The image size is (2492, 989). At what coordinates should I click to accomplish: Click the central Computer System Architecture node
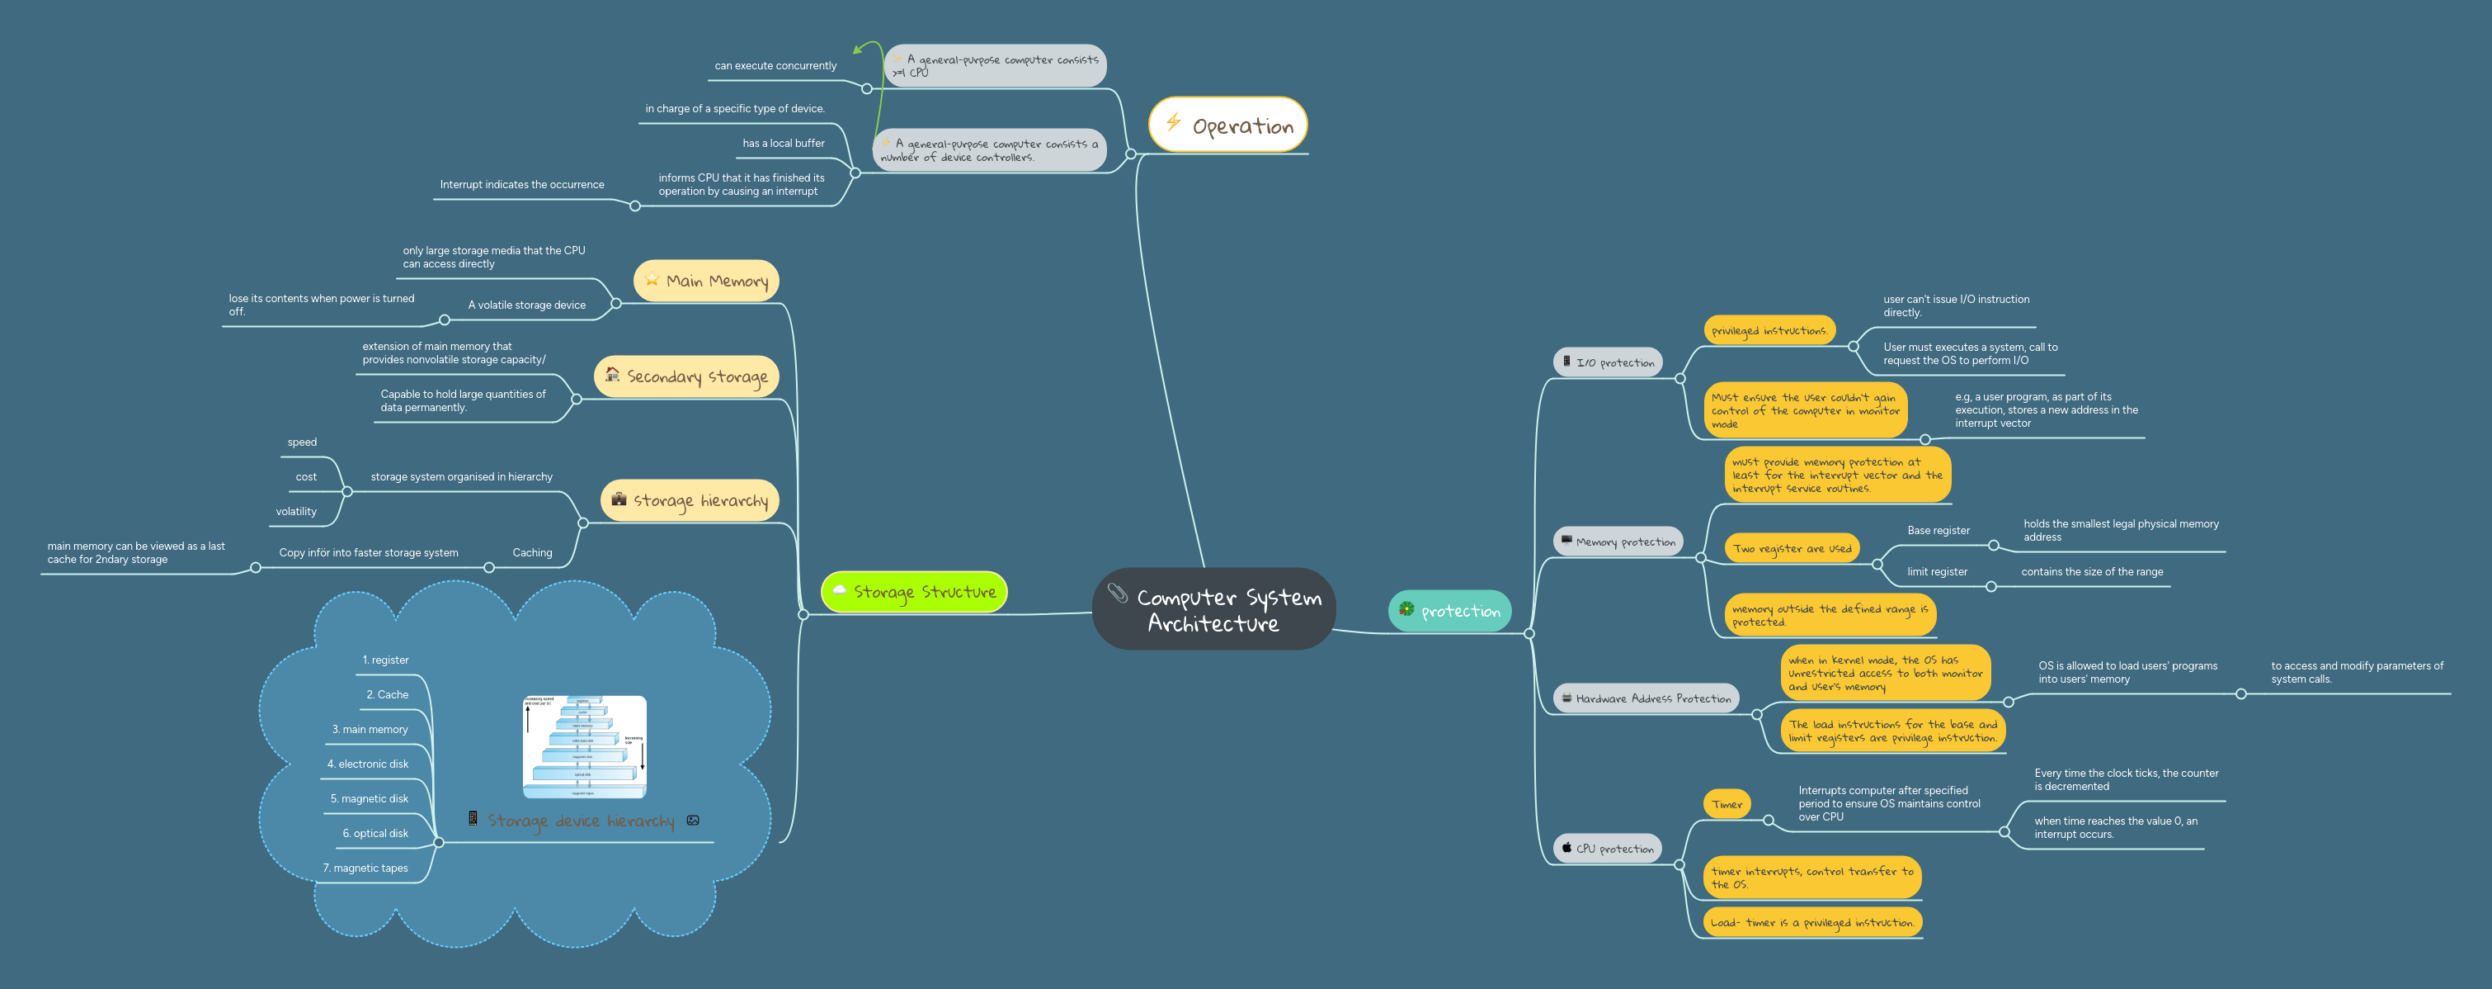[x=1213, y=608]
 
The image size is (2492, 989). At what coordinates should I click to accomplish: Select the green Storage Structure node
[x=913, y=591]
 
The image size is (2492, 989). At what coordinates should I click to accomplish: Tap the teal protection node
[x=1449, y=611]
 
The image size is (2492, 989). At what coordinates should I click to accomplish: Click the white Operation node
[x=1227, y=125]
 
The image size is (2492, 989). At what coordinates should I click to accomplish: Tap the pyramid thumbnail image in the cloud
[x=584, y=746]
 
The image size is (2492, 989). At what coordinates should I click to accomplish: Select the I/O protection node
[x=1607, y=362]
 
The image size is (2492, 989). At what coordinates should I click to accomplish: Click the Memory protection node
[x=1618, y=541]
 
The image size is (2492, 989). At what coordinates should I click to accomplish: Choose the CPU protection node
[x=1607, y=848]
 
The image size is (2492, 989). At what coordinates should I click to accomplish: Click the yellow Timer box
[x=1726, y=804]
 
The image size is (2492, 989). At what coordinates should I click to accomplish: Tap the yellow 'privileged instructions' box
[x=1769, y=331]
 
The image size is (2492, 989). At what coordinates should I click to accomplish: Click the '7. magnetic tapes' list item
[x=365, y=868]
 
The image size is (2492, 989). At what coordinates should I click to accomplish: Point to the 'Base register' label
[x=1938, y=530]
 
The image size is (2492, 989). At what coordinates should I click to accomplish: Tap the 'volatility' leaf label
[x=296, y=512]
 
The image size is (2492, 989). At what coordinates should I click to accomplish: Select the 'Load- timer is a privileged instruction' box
[x=1812, y=922]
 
